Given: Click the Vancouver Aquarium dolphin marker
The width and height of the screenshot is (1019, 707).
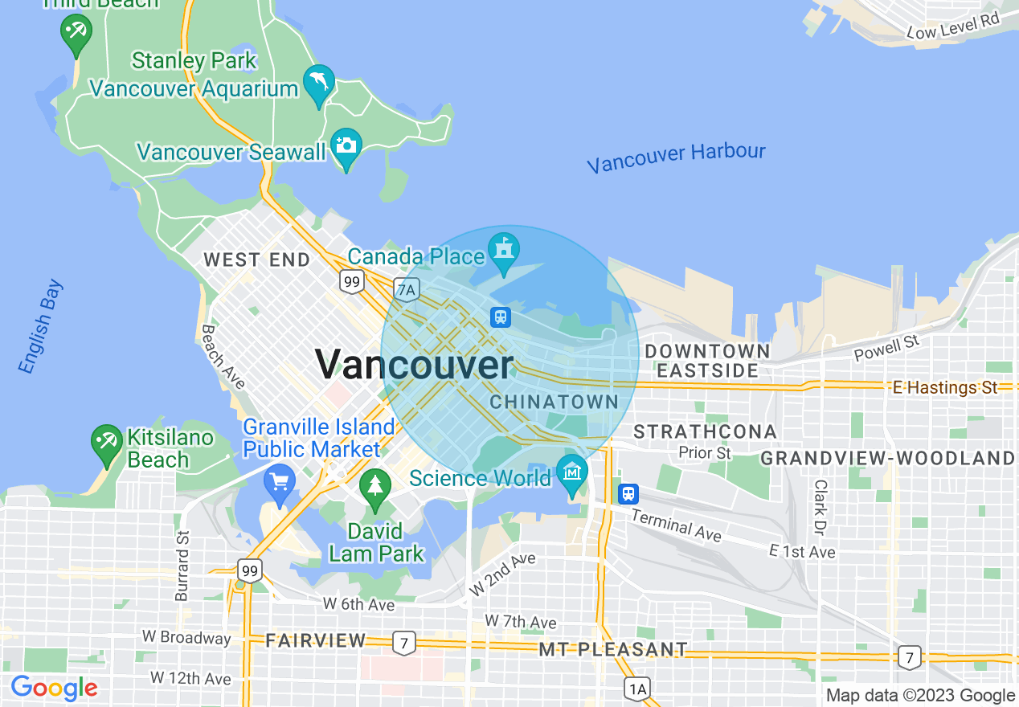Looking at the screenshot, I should click(x=319, y=84).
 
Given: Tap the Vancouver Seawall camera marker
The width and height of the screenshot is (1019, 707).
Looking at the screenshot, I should click(x=346, y=146).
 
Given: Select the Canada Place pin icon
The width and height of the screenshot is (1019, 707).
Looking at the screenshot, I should click(x=504, y=251).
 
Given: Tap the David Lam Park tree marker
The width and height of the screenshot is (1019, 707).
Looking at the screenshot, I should click(x=374, y=488).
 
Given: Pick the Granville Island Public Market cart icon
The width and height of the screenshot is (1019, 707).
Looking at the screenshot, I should click(x=279, y=483).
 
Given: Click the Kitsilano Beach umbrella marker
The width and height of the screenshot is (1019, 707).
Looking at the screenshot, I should click(x=106, y=443).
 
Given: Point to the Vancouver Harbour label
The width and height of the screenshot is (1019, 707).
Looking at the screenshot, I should click(x=676, y=157).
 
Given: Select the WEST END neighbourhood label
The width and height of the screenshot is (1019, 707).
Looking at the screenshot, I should click(x=256, y=260).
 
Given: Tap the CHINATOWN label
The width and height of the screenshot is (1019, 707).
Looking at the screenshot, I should click(x=555, y=402).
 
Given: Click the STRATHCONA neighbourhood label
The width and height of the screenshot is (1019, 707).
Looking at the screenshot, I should click(x=705, y=432).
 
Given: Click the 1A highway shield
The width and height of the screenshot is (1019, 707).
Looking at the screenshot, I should click(x=636, y=688).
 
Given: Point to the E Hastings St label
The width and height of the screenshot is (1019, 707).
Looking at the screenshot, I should click(x=945, y=387).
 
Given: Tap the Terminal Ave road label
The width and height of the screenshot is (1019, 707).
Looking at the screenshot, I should click(x=677, y=525).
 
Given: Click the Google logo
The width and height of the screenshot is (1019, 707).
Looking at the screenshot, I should click(x=54, y=688).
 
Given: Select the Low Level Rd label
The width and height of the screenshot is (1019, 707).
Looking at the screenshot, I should click(x=952, y=26).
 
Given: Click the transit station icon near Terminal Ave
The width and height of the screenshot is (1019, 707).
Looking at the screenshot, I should click(x=628, y=493).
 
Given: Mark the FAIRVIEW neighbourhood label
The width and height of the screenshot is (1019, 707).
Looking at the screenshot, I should click(x=316, y=640).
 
